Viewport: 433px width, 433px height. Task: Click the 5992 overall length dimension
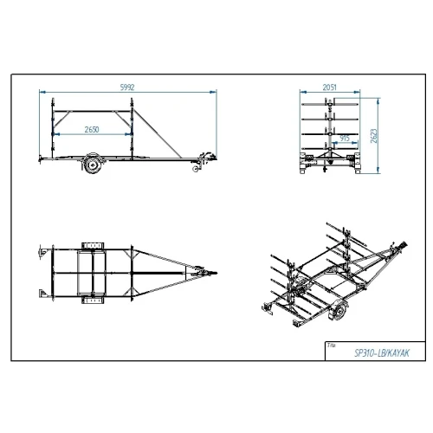(x=127, y=87)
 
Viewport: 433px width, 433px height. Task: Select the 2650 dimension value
(x=92, y=130)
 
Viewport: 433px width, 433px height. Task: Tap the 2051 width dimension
(x=330, y=87)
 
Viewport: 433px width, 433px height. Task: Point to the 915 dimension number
(x=345, y=139)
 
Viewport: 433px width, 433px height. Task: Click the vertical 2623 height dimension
(x=374, y=136)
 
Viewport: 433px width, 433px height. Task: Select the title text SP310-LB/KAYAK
(x=382, y=353)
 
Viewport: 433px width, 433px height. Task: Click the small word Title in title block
(x=332, y=346)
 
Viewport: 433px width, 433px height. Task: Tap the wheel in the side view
(x=93, y=165)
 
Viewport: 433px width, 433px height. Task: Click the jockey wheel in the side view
(x=196, y=169)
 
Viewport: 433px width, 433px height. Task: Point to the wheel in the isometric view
(x=339, y=311)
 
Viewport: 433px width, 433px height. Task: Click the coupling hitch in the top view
(x=207, y=273)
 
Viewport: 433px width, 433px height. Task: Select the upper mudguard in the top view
(x=93, y=246)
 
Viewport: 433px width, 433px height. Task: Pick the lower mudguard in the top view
(x=93, y=301)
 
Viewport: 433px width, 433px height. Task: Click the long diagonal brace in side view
(x=158, y=134)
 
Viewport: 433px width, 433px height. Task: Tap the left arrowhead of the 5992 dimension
(x=42, y=92)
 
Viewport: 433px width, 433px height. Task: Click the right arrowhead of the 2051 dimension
(x=357, y=92)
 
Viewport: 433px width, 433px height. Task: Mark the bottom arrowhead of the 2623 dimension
(x=378, y=171)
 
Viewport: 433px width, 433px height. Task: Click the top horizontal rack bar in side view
(x=93, y=111)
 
